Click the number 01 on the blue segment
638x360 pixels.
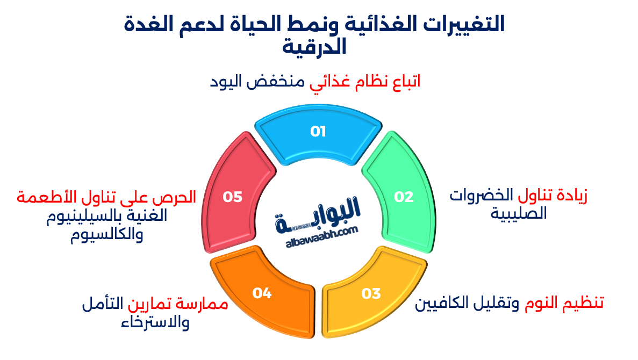[318, 132]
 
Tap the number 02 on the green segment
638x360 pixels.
[404, 197]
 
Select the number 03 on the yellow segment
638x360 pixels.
[371, 293]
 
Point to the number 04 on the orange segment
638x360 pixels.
[262, 293]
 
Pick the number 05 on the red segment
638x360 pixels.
[233, 197]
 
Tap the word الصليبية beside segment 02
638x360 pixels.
[519, 213]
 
